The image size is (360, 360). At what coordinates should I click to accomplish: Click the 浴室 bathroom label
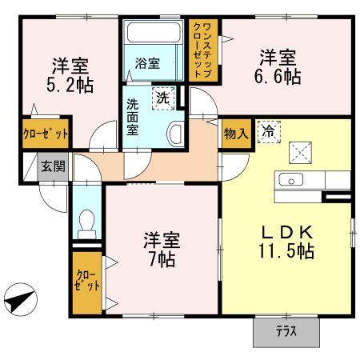[147, 63]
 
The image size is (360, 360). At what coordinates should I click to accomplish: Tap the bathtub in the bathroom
[154, 32]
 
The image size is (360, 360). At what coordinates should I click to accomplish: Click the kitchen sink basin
[290, 179]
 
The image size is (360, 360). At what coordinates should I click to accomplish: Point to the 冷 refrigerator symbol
[269, 132]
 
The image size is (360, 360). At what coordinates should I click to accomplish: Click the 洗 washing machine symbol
[163, 98]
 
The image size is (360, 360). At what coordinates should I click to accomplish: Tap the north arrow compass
[21, 300]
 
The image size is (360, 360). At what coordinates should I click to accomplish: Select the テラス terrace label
[286, 332]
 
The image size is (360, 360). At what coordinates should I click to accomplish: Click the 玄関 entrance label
[53, 166]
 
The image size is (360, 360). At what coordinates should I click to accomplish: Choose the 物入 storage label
[236, 134]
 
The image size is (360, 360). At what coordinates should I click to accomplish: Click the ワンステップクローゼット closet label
[203, 50]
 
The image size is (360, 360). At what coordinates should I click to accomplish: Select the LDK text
[286, 232]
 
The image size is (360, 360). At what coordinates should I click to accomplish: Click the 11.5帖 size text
[286, 251]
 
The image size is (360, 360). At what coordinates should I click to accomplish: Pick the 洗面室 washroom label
[133, 117]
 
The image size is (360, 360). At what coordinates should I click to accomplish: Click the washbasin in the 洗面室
[175, 134]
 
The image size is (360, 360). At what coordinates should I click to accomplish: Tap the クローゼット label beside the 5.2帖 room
[46, 134]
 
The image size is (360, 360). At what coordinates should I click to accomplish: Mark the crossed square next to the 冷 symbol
[300, 153]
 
